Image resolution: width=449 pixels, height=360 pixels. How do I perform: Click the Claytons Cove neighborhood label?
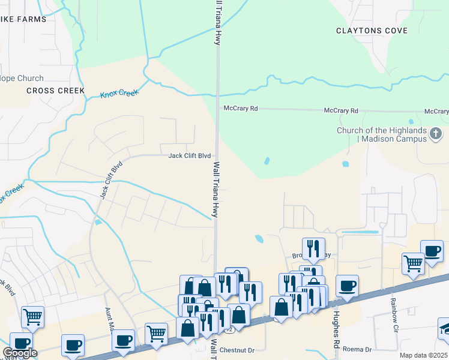point(372,31)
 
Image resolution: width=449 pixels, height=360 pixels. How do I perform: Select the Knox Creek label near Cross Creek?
point(119,94)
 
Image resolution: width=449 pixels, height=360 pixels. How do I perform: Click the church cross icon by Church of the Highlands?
point(436,133)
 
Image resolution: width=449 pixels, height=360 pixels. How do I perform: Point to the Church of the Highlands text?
point(382,134)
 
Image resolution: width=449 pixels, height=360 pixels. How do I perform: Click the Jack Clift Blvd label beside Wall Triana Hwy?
point(189,155)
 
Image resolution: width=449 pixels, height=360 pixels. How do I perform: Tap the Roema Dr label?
point(360,349)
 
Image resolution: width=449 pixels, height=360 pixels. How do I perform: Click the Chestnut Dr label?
point(238,349)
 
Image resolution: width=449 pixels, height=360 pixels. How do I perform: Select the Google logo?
point(20,353)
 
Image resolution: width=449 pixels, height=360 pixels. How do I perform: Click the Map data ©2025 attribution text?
point(424,355)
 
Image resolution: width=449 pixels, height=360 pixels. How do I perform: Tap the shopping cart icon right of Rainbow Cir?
point(414,262)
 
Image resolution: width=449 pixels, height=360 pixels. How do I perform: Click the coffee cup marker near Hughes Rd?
point(347,285)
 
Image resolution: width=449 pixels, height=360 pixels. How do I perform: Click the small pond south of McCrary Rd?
point(266,161)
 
